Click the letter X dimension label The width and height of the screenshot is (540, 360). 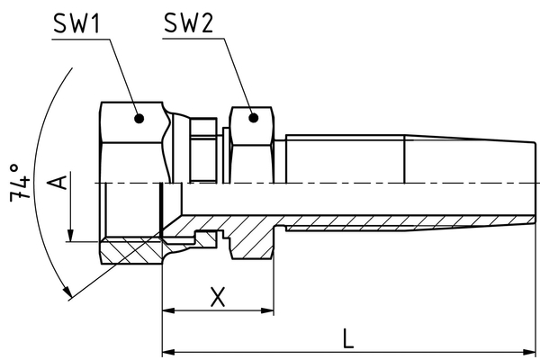point(217,296)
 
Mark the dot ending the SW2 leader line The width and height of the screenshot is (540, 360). point(251,116)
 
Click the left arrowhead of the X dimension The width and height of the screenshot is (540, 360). point(168,310)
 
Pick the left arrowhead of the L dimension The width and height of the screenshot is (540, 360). point(168,351)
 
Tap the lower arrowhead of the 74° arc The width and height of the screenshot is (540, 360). point(67,292)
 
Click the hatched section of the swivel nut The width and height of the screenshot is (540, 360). point(126,252)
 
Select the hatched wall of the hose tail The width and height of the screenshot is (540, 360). point(360,221)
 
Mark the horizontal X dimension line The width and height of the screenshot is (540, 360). point(217,310)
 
